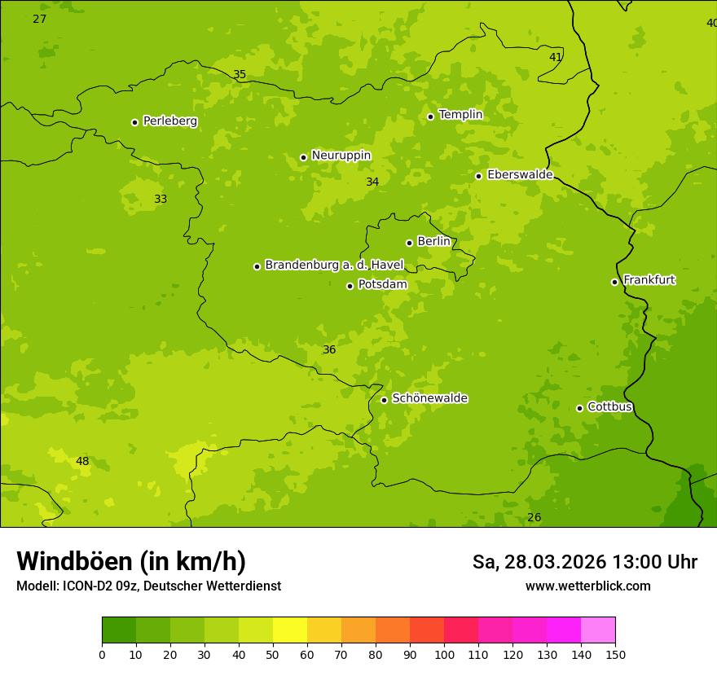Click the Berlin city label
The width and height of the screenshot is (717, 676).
(x=433, y=242)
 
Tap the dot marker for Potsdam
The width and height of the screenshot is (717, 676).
(x=350, y=286)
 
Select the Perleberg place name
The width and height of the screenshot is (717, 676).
(x=170, y=121)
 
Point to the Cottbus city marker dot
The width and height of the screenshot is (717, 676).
(x=579, y=408)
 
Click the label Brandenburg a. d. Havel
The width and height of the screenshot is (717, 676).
(x=334, y=266)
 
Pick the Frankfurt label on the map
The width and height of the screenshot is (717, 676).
(x=649, y=280)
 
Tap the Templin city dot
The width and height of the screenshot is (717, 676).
(x=430, y=116)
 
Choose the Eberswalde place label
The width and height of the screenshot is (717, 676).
(x=520, y=175)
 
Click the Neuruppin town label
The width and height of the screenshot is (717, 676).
(x=341, y=156)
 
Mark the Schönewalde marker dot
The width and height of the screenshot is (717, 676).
(x=384, y=400)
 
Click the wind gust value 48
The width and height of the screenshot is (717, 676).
(x=82, y=462)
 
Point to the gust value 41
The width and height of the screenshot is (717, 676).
(x=556, y=58)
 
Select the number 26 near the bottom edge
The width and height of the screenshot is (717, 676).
(x=534, y=518)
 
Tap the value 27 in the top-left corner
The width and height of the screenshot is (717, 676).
(x=39, y=19)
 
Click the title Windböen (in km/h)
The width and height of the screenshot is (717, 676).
(x=131, y=561)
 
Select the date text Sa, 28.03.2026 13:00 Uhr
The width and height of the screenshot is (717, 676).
(x=584, y=562)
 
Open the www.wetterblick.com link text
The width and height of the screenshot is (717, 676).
(x=587, y=586)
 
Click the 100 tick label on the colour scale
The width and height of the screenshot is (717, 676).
(x=444, y=655)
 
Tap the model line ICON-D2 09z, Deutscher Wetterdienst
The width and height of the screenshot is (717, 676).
(x=148, y=586)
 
